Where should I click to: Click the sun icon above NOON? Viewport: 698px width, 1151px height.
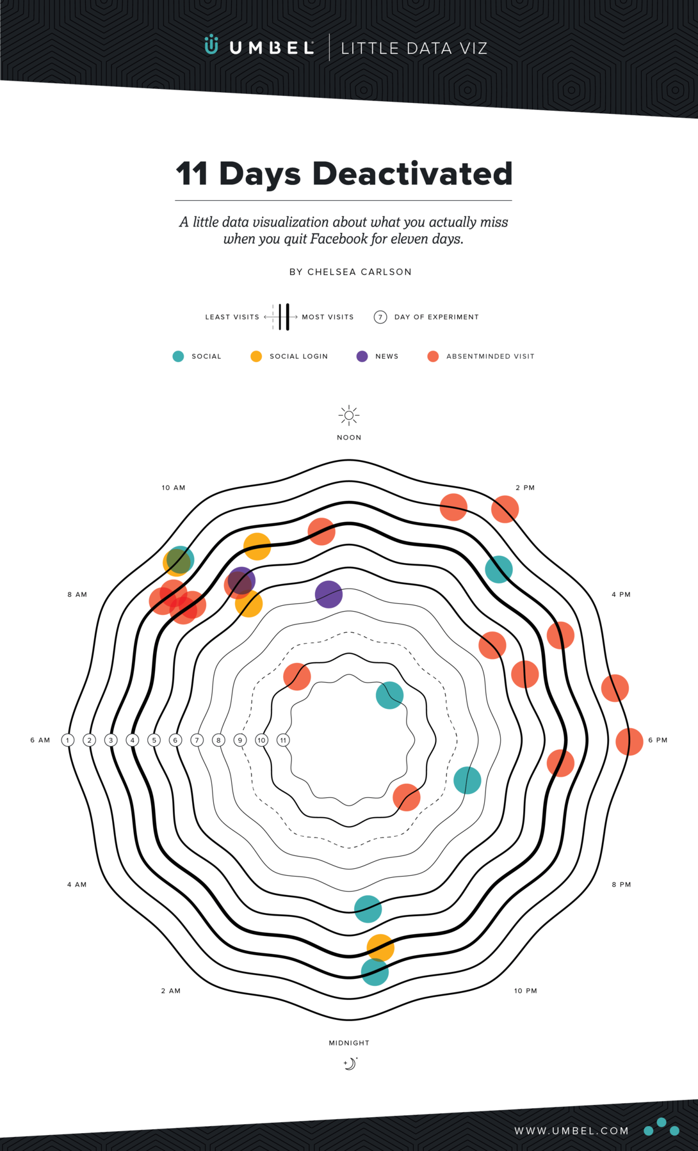[x=349, y=415]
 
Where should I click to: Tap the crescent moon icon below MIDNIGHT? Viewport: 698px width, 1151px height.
[x=350, y=1063]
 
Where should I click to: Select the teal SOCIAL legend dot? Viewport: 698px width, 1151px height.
[x=178, y=356]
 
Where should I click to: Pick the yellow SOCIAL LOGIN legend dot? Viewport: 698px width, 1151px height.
[x=256, y=356]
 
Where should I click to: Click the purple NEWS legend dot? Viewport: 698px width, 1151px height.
[x=362, y=356]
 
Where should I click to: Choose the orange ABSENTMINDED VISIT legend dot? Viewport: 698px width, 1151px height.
[x=433, y=356]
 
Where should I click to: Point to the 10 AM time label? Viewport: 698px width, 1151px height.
[x=173, y=488]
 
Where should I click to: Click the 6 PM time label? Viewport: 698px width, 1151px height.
[x=658, y=740]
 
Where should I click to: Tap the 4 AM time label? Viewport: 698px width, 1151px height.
[x=77, y=885]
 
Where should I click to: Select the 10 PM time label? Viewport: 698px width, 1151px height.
[x=525, y=991]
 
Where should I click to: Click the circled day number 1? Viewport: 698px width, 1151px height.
[x=68, y=740]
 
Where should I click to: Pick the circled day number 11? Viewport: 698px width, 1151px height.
[x=283, y=740]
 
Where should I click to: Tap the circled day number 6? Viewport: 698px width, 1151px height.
[x=175, y=740]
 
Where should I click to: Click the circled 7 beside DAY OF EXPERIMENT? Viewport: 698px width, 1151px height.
[x=380, y=317]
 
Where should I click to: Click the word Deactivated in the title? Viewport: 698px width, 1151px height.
[x=412, y=173]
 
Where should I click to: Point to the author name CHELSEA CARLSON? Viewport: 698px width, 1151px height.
[x=359, y=272]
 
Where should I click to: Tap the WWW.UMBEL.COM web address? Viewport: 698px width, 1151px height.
[x=571, y=1131]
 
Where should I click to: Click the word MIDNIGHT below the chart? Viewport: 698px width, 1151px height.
[x=349, y=1043]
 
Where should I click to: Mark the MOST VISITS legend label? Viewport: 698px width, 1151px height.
[x=328, y=317]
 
